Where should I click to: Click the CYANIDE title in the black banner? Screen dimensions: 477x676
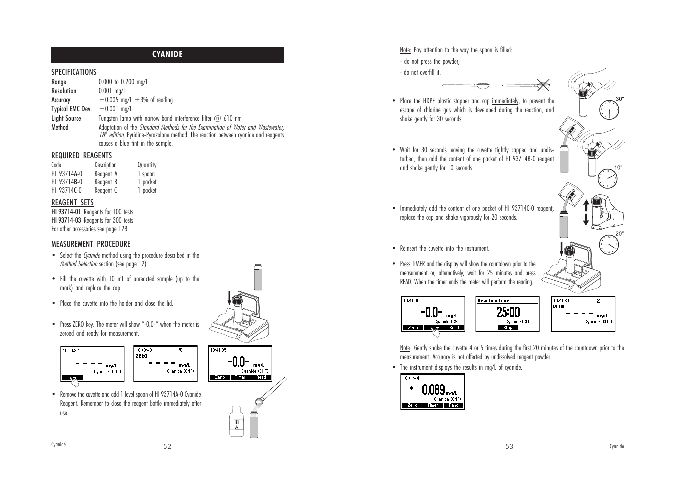[167, 55]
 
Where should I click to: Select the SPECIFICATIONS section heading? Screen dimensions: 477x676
[74, 72]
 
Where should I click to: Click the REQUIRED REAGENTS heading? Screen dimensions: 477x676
[81, 156]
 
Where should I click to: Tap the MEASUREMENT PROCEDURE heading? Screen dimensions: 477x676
[91, 244]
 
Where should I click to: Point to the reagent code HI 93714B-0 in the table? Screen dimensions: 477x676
[67, 182]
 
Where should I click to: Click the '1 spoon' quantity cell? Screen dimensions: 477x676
[146, 174]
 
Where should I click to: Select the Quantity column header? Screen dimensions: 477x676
[147, 165]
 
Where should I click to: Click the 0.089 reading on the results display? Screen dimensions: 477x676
[433, 389]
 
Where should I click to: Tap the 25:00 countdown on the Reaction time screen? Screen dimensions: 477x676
[508, 313]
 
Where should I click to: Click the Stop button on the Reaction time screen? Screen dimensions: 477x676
[508, 328]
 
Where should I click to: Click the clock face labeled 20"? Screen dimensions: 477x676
[609, 244]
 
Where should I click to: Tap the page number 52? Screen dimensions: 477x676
[167, 447]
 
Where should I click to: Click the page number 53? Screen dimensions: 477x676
[509, 447]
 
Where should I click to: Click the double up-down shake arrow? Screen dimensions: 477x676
[587, 213]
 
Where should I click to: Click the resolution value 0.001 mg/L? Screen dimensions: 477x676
[112, 91]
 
